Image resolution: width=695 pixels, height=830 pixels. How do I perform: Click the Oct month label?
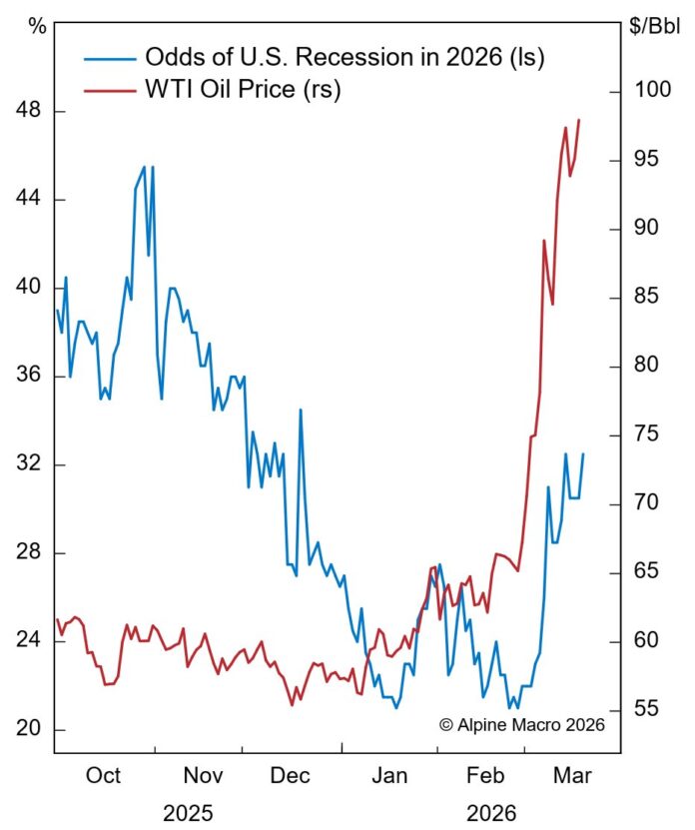pos(103,776)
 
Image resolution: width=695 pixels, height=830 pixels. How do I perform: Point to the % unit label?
pos(38,27)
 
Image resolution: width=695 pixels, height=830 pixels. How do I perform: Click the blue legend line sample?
pos(104,56)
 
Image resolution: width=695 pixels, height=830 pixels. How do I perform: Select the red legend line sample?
pos(104,91)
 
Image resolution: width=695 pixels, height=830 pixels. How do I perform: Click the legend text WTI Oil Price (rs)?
pos(244,91)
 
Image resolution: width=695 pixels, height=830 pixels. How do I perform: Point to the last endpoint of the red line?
pos(579,120)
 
